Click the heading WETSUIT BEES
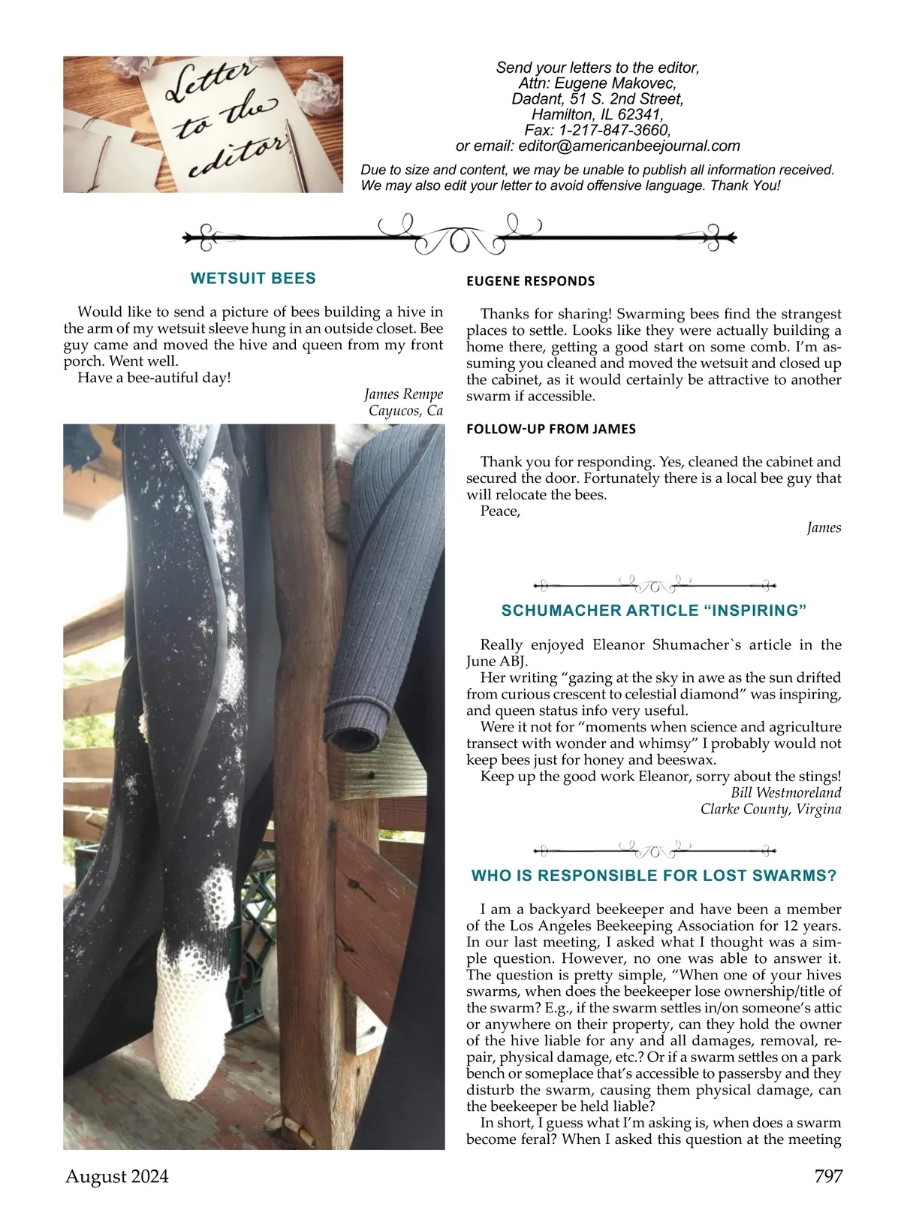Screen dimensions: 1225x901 click(x=253, y=279)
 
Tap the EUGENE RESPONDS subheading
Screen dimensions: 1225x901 click(x=530, y=282)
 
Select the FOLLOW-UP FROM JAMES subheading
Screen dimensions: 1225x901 click(x=550, y=430)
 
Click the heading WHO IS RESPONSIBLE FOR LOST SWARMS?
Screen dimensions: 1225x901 click(x=653, y=876)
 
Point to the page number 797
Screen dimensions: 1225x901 click(x=828, y=1176)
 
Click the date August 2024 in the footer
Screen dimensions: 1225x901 click(x=117, y=1176)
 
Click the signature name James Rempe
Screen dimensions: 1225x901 click(x=403, y=394)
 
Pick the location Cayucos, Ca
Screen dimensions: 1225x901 click(x=405, y=411)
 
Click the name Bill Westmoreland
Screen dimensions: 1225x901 click(x=785, y=793)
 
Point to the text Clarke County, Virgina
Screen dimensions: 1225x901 click(x=770, y=810)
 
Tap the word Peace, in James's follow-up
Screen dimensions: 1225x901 click(x=500, y=511)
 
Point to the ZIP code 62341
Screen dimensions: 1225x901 click(x=639, y=115)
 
